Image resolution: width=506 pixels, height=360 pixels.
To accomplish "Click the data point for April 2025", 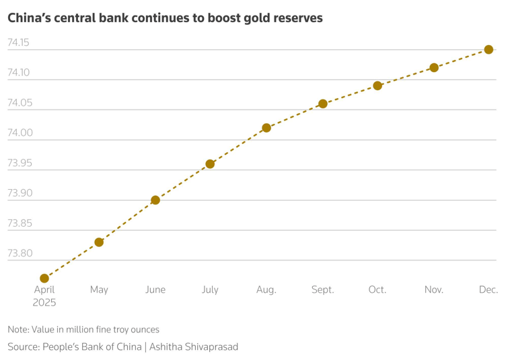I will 44,278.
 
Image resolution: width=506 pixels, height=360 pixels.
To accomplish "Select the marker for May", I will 99,242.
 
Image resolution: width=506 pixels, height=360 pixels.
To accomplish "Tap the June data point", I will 155,200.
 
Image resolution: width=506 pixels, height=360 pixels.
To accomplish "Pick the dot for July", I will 210,164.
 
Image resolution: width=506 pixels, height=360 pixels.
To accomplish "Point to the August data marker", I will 266,128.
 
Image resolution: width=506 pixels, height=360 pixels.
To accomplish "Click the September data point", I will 323,104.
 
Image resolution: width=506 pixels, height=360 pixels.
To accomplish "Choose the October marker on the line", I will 377,85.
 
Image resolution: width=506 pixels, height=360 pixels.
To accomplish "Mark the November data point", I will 434,67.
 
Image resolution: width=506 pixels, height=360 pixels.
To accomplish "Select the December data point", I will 489,50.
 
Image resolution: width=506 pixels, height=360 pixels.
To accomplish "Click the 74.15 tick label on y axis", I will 18,42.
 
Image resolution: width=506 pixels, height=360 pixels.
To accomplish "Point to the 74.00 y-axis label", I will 20,133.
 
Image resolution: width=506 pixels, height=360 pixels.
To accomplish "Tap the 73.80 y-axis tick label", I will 20,253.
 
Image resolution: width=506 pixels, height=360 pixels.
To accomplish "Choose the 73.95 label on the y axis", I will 20,163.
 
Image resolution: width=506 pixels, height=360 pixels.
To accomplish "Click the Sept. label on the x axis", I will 323,289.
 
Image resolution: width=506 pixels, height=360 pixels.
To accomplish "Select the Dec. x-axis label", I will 489,289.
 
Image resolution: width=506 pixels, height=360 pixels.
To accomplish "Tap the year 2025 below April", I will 44,303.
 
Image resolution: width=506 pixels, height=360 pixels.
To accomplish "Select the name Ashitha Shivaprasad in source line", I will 194,347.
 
